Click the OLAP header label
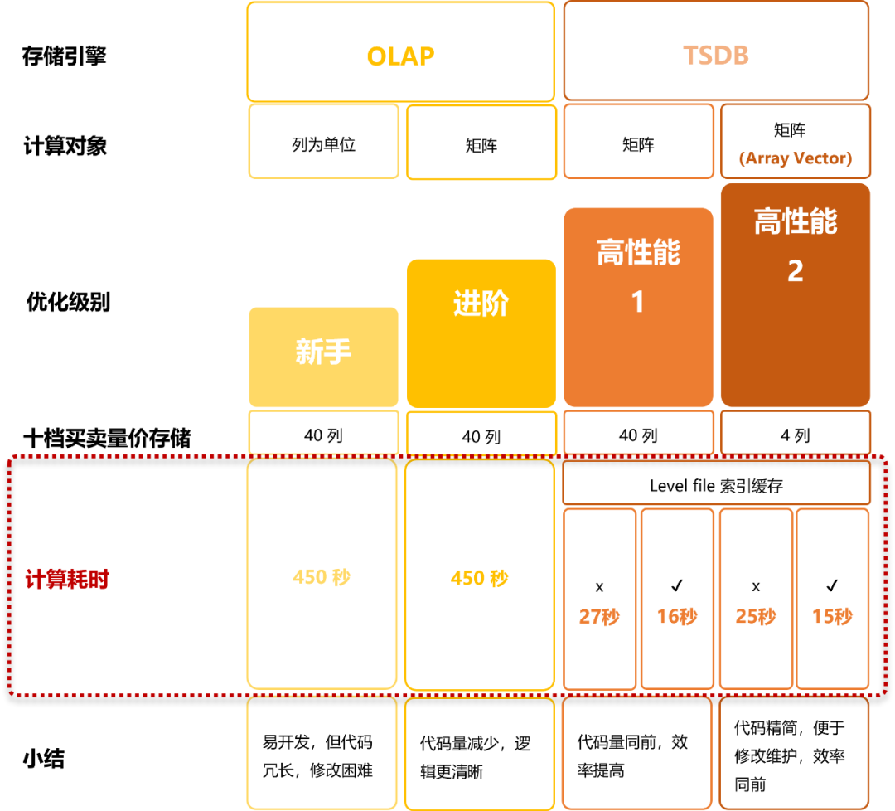click(x=400, y=56)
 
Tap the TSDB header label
click(x=716, y=56)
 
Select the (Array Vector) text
click(x=796, y=158)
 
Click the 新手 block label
click(x=323, y=352)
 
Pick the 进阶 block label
click(x=481, y=304)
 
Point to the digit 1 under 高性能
click(x=638, y=302)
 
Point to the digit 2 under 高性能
click(x=796, y=271)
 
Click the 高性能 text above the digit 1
click(x=638, y=252)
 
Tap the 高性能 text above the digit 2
click(x=796, y=221)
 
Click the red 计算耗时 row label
click(x=67, y=580)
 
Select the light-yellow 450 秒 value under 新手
click(x=322, y=577)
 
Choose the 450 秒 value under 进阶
click(x=480, y=578)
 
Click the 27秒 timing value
click(x=599, y=617)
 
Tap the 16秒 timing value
click(x=677, y=617)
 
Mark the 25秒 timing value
click(x=756, y=617)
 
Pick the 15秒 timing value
click(x=832, y=617)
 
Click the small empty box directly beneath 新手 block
click(x=323, y=432)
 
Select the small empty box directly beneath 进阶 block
click(x=481, y=432)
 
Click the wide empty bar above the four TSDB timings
click(x=716, y=482)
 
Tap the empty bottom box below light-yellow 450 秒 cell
click(x=322, y=752)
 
